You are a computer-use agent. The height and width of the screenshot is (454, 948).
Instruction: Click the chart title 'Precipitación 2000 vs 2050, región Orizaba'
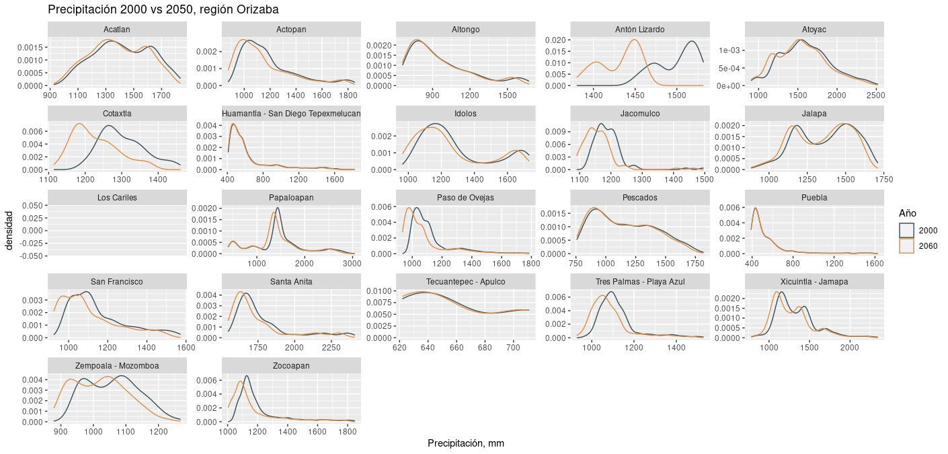tap(163, 10)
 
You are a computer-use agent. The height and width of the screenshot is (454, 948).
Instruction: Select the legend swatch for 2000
tap(908, 230)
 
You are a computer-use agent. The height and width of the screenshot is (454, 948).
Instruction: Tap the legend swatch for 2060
tap(908, 246)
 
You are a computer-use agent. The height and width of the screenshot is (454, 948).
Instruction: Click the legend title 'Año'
tap(907, 213)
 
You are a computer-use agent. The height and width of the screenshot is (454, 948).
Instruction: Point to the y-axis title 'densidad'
tap(9, 230)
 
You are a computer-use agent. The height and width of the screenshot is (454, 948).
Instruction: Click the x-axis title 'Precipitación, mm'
tap(465, 443)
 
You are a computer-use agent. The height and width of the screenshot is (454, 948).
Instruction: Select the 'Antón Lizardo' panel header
tap(639, 30)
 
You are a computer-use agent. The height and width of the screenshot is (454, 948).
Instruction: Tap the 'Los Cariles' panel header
tap(117, 198)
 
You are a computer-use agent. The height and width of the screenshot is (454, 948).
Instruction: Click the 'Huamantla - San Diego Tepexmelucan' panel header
tap(291, 114)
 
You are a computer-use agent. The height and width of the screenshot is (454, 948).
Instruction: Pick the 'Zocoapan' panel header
tap(291, 365)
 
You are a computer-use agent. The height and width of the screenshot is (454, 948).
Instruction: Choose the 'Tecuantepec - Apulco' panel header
tap(465, 281)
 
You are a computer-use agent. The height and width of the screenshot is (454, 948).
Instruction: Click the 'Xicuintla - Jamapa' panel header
tap(814, 281)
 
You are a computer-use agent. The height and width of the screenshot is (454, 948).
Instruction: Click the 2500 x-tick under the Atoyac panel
tap(875, 96)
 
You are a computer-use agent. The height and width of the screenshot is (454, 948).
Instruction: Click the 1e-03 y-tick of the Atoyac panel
tap(727, 50)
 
